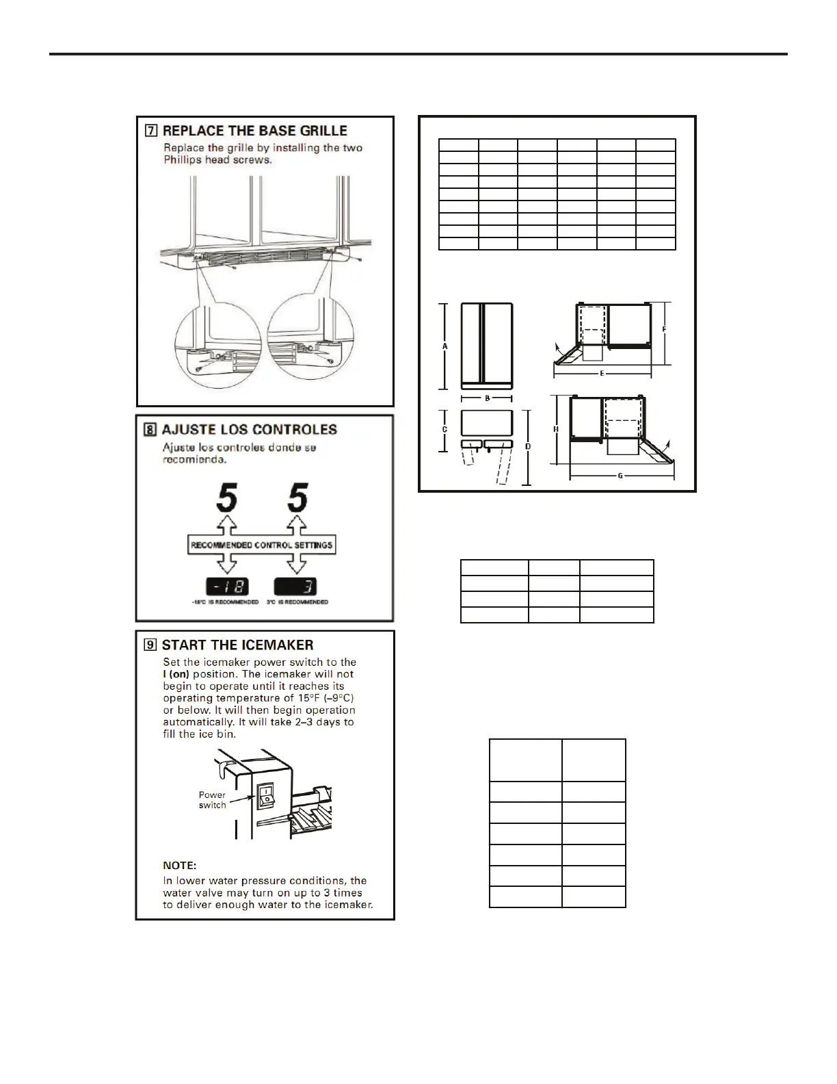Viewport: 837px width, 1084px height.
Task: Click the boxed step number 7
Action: click(x=150, y=131)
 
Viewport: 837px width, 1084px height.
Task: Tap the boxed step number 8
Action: click(x=150, y=430)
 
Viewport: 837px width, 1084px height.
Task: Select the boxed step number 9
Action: click(x=150, y=645)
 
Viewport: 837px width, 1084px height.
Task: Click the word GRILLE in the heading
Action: click(x=319, y=131)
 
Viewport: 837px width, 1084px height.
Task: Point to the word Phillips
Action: click(x=183, y=160)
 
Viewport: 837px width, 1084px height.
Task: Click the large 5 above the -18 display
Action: click(x=227, y=498)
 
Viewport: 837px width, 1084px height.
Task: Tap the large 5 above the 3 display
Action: click(x=297, y=498)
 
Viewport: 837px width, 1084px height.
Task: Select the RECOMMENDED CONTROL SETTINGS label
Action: click(x=261, y=545)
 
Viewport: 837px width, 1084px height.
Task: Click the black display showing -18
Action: click(x=227, y=586)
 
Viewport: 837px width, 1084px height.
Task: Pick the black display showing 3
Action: click(x=295, y=586)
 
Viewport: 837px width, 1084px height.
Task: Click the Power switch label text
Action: click(x=212, y=800)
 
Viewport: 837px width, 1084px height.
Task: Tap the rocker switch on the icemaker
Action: click(x=265, y=795)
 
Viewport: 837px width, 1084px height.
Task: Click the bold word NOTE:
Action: click(x=179, y=866)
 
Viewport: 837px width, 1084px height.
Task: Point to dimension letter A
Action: click(x=445, y=347)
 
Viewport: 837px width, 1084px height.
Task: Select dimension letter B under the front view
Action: click(x=487, y=398)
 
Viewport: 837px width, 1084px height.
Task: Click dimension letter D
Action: click(x=528, y=446)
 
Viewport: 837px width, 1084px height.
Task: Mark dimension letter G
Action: click(x=620, y=476)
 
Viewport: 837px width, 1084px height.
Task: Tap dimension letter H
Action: click(x=556, y=429)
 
